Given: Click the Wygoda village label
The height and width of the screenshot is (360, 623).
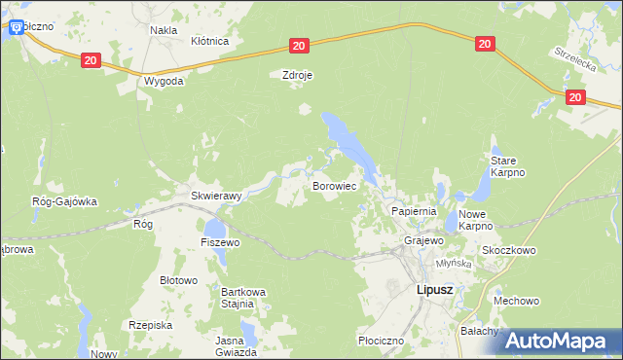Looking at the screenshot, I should coord(164,81).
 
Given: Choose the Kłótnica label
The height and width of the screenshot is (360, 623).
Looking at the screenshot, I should coord(209,42).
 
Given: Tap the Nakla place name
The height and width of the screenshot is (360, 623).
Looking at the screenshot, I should coord(163,30).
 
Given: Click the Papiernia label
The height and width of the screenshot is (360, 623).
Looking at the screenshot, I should coord(414,210).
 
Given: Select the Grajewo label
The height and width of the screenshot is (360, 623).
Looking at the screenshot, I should coord(424,239).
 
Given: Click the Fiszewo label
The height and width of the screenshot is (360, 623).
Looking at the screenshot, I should coord(220,241).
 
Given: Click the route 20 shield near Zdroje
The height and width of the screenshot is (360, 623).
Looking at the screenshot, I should coord(299,46).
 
